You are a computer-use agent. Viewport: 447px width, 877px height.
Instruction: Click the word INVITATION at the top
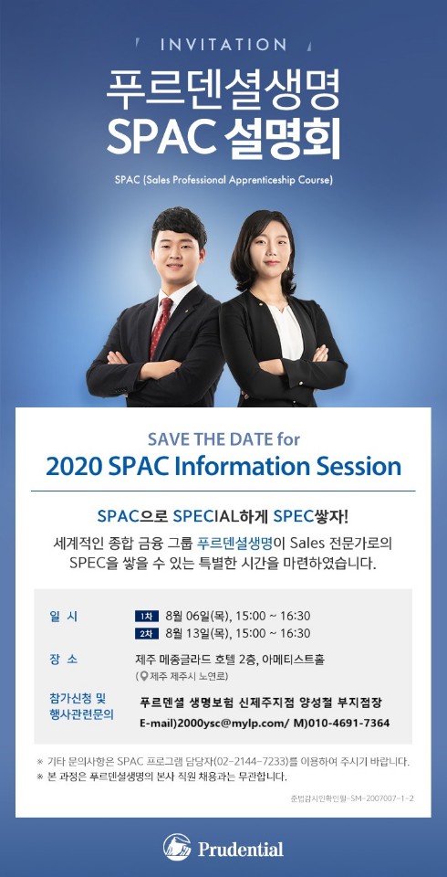[223, 45]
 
